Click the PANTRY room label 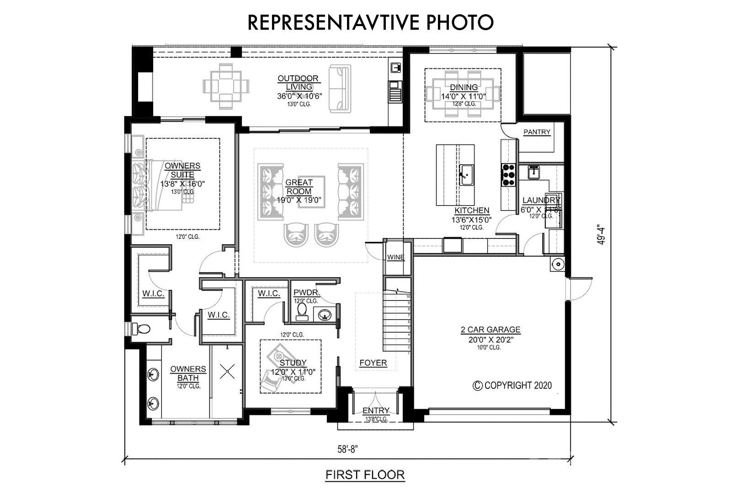537,132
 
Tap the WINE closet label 395,257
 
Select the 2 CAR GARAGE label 490,329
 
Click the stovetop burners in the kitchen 508,175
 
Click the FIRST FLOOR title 365,475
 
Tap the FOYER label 373,363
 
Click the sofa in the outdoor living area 340,89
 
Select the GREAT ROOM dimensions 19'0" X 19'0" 299,200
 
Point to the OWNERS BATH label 188,373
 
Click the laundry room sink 534,172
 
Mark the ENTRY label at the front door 376,410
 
